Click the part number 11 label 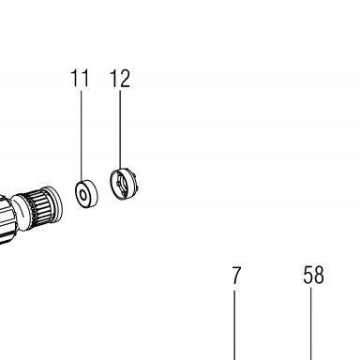click(80, 78)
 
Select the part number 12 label click(120, 78)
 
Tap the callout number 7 click(236, 276)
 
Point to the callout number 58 click(313, 275)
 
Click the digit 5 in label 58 click(308, 275)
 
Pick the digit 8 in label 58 click(319, 275)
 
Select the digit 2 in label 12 click(125, 78)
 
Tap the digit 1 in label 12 click(113, 78)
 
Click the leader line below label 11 click(82, 136)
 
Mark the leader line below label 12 click(120, 129)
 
